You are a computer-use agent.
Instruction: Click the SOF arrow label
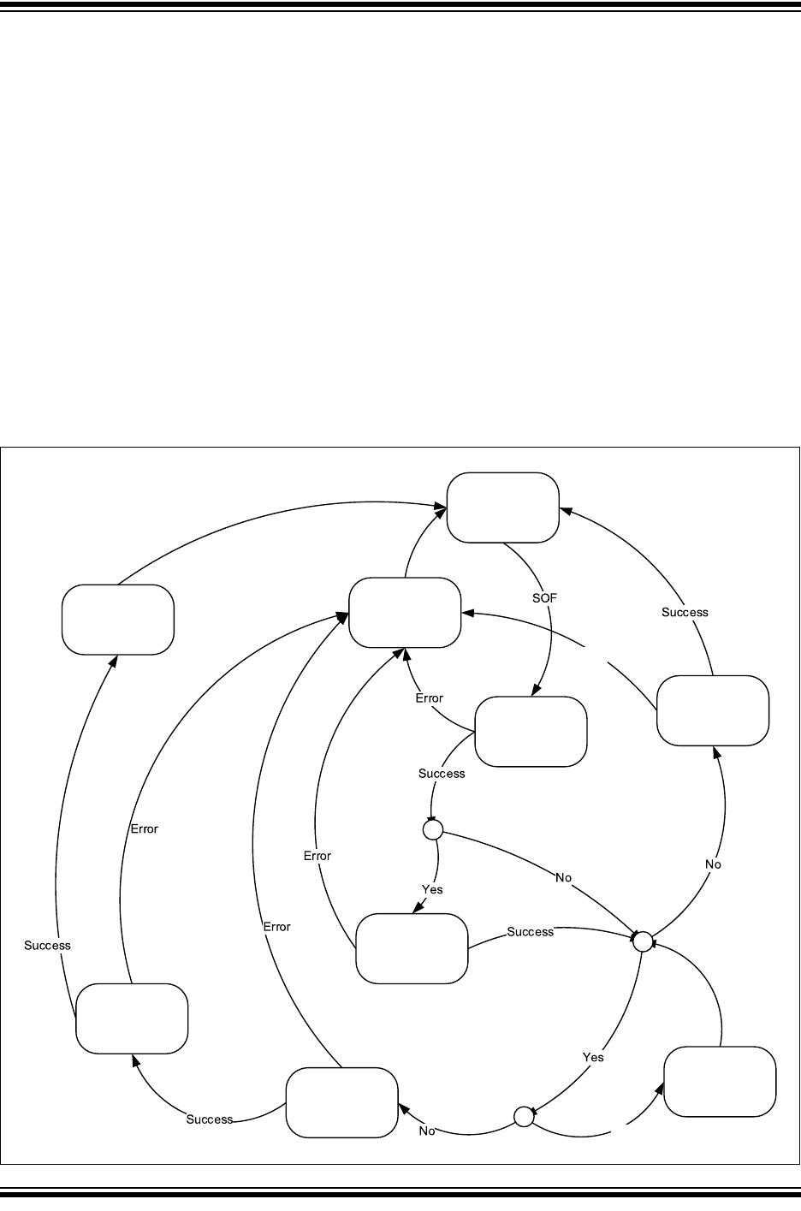(x=544, y=598)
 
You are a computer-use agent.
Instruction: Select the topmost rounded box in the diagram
(x=503, y=508)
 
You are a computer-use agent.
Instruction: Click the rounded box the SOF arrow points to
(x=531, y=732)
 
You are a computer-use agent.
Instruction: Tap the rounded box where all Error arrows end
(x=405, y=613)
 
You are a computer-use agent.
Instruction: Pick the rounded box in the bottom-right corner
(x=720, y=1082)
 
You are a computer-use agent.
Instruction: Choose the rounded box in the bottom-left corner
(x=132, y=1018)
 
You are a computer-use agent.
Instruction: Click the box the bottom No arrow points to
(x=341, y=1102)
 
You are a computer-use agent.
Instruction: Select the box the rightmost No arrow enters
(x=713, y=710)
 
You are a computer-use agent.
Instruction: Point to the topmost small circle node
(x=432, y=829)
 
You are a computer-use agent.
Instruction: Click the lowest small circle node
(x=524, y=1115)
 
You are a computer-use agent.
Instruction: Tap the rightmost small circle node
(x=642, y=941)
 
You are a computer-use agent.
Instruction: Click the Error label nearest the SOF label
(x=430, y=698)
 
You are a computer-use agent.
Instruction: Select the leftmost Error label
(x=145, y=828)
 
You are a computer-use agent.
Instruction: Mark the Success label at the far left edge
(x=47, y=946)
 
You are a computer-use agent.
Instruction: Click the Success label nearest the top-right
(x=685, y=612)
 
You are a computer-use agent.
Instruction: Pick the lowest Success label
(x=210, y=1119)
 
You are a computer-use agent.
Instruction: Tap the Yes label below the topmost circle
(x=433, y=889)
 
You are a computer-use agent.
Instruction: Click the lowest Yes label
(x=593, y=1057)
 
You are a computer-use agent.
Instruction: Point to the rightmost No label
(x=714, y=864)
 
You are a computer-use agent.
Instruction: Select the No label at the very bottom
(x=427, y=1131)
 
